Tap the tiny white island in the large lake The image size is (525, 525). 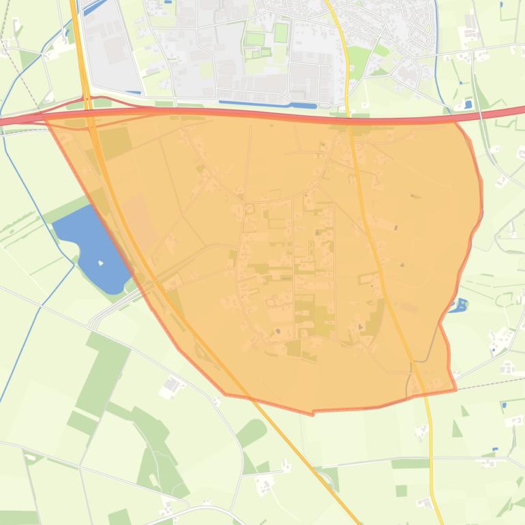[101, 262]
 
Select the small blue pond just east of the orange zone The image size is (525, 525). [459, 305]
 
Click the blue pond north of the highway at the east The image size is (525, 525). [468, 104]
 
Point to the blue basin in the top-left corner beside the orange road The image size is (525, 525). [94, 8]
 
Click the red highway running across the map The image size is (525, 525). [273, 113]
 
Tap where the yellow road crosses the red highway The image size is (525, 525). [348, 115]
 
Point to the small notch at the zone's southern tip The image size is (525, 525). [313, 412]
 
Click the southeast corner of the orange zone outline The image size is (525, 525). [455, 389]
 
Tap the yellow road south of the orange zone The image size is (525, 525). [431, 464]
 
